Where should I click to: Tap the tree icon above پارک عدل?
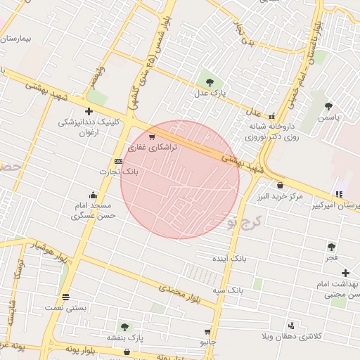click(x=210, y=79)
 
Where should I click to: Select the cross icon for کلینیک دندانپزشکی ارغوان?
click(x=89, y=111)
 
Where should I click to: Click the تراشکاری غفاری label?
click(x=153, y=148)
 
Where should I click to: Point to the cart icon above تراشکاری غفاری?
click(x=152, y=137)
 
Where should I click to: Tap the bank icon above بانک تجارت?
click(x=118, y=161)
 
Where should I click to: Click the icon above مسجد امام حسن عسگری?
click(x=93, y=195)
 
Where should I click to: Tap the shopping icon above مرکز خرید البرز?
click(x=281, y=185)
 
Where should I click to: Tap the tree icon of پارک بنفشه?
click(x=124, y=326)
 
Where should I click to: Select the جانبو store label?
click(x=207, y=342)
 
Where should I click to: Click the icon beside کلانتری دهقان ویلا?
click(x=290, y=325)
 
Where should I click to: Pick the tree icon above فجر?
click(x=331, y=247)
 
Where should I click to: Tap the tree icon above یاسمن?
click(x=328, y=106)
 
